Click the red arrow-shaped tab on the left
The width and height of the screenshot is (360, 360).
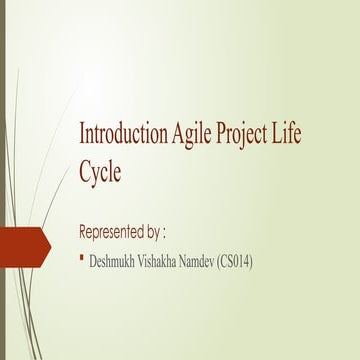click(x=25, y=244)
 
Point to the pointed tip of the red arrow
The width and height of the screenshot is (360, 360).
click(x=51, y=244)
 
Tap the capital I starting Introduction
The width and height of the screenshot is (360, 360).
click(x=82, y=135)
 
